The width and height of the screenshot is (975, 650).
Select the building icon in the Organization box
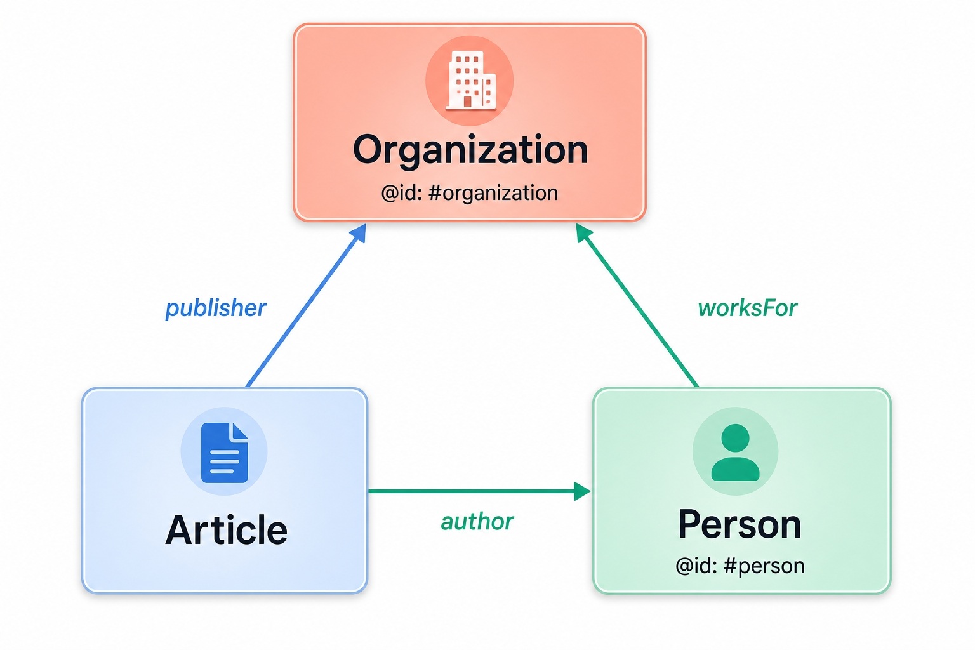tap(470, 80)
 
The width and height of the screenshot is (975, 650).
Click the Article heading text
tap(227, 530)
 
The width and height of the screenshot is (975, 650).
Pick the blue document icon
tap(225, 453)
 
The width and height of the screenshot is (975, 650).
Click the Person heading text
tap(740, 525)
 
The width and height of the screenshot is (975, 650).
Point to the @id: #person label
tap(740, 566)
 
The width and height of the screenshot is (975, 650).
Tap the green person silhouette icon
tap(736, 453)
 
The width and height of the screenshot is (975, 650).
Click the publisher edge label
tap(215, 308)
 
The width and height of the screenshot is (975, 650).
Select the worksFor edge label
tap(747, 308)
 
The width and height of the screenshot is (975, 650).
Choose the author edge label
tap(477, 522)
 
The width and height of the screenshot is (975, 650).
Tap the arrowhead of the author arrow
tap(582, 491)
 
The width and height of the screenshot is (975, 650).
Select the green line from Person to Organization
tap(637, 305)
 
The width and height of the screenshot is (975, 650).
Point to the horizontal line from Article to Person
tap(479, 491)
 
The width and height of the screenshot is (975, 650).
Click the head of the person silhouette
tap(736, 438)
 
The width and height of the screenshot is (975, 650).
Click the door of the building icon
tap(467, 102)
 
